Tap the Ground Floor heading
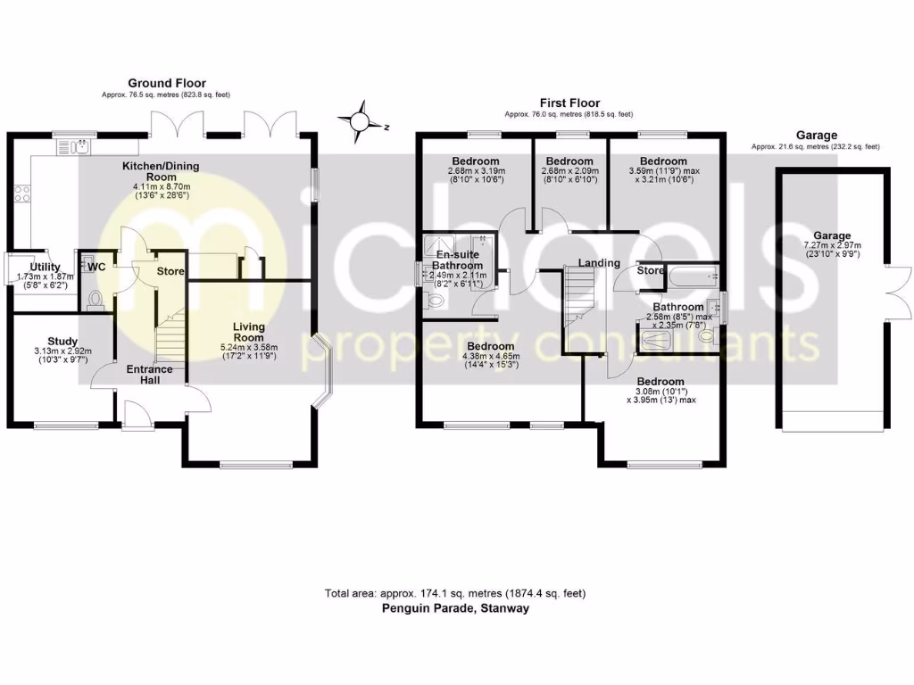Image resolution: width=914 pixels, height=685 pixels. point(161,83)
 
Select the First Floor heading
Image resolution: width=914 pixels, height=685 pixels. point(569,103)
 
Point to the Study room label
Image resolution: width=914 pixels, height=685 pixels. point(62,341)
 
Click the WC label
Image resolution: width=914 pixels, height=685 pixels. point(96,266)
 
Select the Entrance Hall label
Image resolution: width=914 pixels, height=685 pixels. point(149,376)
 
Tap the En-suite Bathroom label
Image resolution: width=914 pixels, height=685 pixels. point(458,260)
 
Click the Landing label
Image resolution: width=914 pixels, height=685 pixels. point(599,263)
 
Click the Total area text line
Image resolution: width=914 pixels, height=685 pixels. point(455,593)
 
